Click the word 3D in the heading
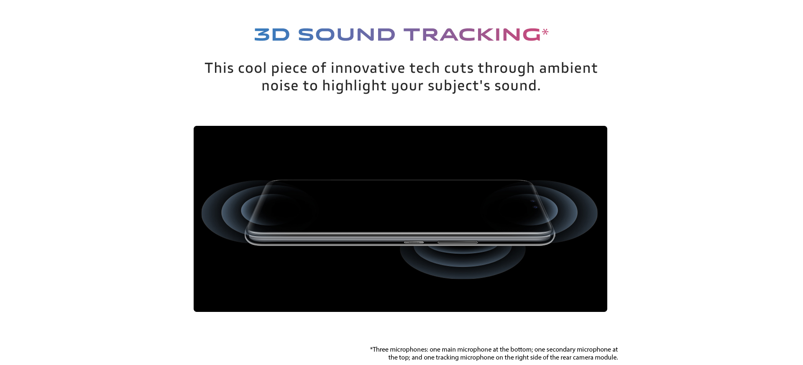click(x=272, y=35)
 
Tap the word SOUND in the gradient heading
click(x=346, y=35)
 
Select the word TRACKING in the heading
click(x=472, y=35)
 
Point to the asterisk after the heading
click(x=545, y=32)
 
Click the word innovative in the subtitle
click(x=368, y=68)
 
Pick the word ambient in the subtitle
click(x=568, y=68)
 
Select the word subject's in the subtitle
click(x=459, y=86)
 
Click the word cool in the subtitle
click(x=252, y=68)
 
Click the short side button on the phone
click(x=414, y=242)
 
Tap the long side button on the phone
click(x=458, y=242)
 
